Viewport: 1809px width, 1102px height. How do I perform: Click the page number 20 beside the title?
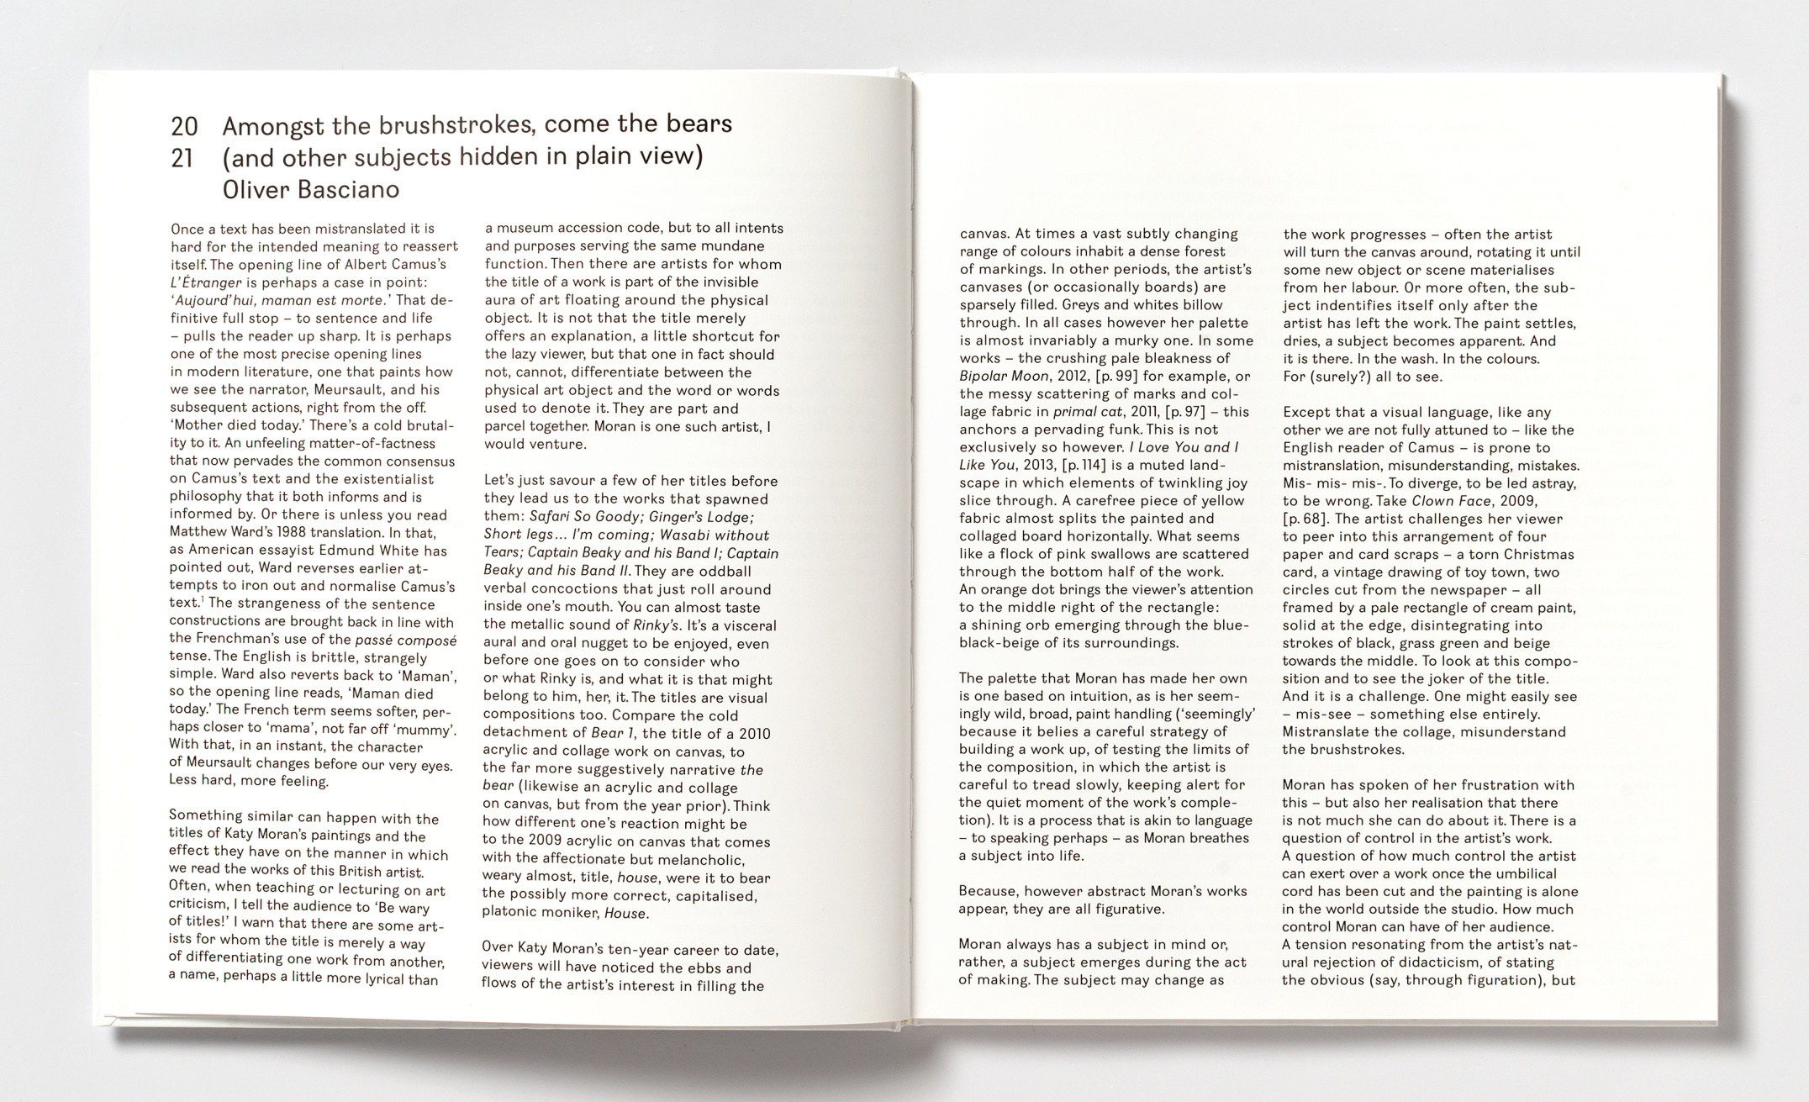[x=184, y=127]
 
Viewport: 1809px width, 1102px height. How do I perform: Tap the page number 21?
[x=182, y=159]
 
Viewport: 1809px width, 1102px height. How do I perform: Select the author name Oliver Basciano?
[x=310, y=190]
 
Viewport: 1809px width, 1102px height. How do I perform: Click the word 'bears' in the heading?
[x=699, y=124]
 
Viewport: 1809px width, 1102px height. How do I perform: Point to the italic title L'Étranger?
[x=206, y=282]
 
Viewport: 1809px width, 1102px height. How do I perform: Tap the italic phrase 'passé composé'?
[x=406, y=640]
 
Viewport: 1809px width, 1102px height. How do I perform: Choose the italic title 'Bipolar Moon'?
[x=1004, y=376]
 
